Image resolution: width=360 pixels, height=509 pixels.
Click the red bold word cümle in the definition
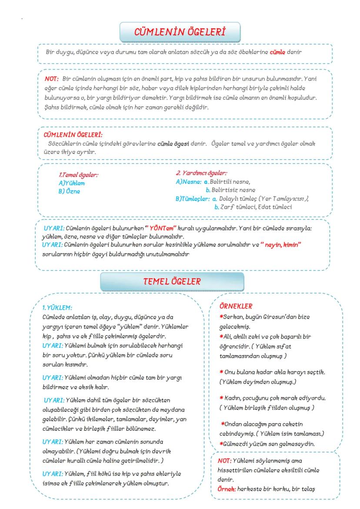tap(277, 52)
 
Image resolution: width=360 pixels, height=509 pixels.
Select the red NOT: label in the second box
tap(52, 79)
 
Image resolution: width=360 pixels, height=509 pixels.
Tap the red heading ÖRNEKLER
tap(237, 306)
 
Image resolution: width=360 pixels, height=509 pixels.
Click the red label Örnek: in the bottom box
tap(226, 489)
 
